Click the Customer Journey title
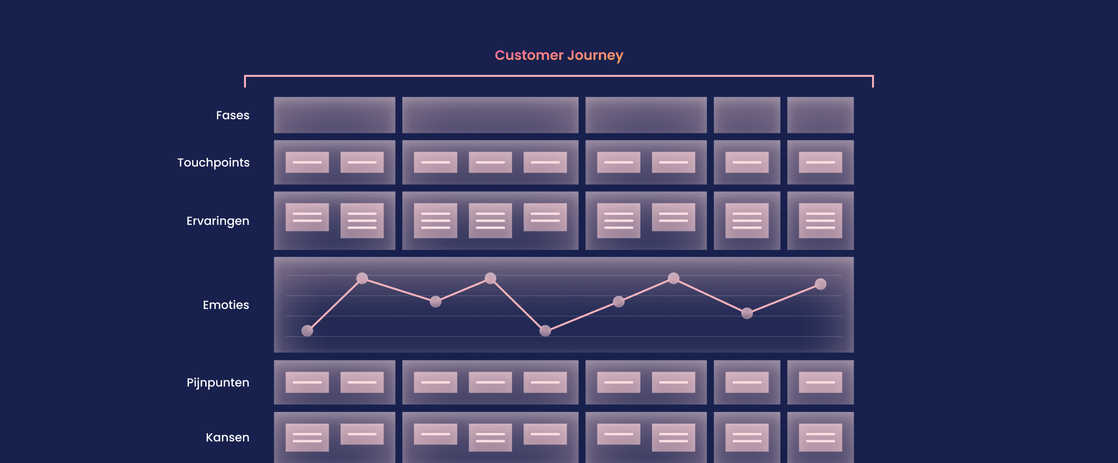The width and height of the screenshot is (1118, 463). click(559, 55)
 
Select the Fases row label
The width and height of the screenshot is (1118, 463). click(232, 115)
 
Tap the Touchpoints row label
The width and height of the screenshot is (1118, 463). click(213, 162)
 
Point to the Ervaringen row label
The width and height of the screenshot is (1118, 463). click(218, 221)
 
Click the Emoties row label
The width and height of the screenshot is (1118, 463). click(226, 305)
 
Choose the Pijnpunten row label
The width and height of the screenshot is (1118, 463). click(218, 383)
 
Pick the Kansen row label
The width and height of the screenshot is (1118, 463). click(227, 437)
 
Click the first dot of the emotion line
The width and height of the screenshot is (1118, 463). click(307, 331)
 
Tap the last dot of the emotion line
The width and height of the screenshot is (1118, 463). click(821, 284)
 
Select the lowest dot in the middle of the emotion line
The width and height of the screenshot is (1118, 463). click(545, 331)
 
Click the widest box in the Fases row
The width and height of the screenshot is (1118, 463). click(490, 115)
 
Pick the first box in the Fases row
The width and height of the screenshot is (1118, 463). click(334, 115)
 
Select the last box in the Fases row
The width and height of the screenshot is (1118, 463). click(820, 115)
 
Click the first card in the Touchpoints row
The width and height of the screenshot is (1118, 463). click(307, 162)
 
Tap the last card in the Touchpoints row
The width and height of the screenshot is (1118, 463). click(820, 162)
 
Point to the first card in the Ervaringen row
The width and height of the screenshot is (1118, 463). click(307, 217)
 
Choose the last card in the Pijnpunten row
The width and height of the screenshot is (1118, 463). click(820, 382)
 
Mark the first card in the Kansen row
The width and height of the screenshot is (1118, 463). click(307, 437)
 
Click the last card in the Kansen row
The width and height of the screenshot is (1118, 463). click(820, 437)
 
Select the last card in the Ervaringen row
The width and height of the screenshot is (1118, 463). click(820, 221)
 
